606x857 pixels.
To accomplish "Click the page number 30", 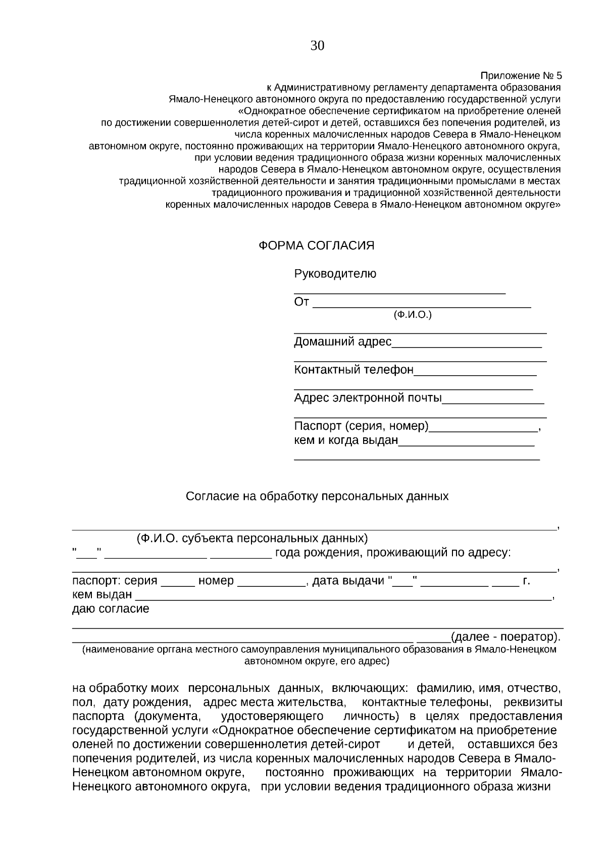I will click(x=317, y=46).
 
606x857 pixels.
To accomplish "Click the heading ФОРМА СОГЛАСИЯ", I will click(x=317, y=245).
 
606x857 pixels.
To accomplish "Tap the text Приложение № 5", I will click(x=520, y=76).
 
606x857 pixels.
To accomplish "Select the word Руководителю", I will click(x=335, y=274).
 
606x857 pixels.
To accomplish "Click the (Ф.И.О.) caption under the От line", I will click(x=413, y=315).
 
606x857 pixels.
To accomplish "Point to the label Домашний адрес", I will click(x=342, y=342).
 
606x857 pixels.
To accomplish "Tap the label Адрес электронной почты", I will click(x=368, y=398).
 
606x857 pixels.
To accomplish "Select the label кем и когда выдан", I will click(x=346, y=440).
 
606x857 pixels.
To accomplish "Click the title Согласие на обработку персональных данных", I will click(x=317, y=496).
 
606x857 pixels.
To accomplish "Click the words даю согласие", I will click(x=111, y=609).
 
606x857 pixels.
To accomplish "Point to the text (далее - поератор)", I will click(x=505, y=636).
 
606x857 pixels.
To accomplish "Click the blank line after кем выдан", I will click(x=343, y=596).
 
